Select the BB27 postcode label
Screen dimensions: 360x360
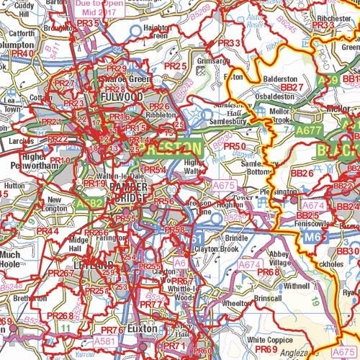coord(292,86)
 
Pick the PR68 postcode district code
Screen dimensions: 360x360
coord(268,272)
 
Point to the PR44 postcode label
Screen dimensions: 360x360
coord(48,231)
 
